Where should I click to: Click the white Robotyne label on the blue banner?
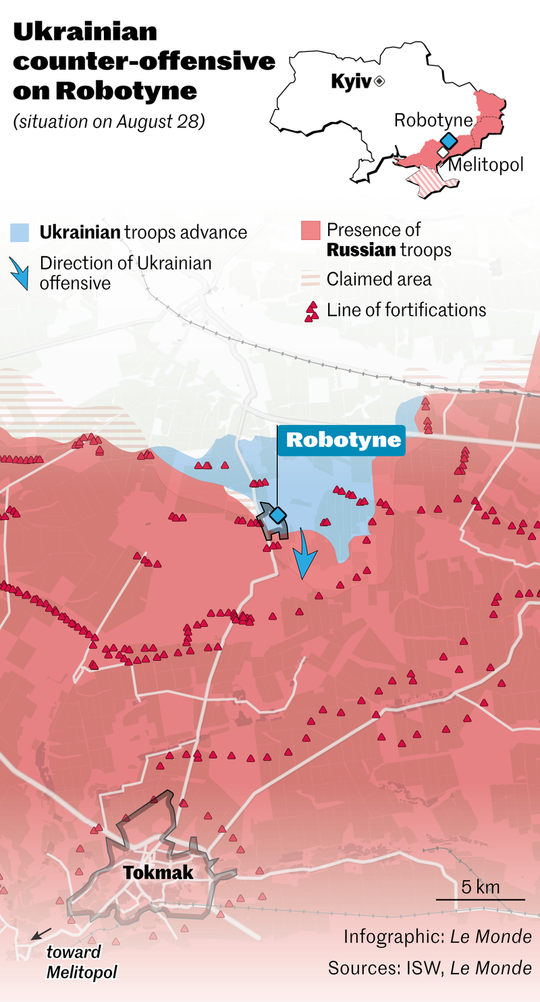coord(344,440)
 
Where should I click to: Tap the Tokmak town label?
coord(158,873)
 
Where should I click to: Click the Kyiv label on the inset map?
coord(350,82)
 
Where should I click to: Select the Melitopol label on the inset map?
coord(486,165)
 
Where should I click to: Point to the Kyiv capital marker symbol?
coord(379,82)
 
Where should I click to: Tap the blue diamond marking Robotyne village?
coord(277,515)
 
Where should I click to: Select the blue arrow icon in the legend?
coord(21,272)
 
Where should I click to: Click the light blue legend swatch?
coord(20,233)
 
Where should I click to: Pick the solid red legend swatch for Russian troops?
coord(310,231)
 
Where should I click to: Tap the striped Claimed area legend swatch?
coord(310,278)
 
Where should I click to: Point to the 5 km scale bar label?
coord(481,887)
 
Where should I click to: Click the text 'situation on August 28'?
coord(108,122)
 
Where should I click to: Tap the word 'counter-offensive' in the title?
coord(144,61)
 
